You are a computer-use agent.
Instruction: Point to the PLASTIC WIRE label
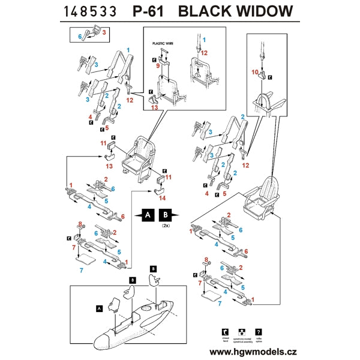tap(163, 44)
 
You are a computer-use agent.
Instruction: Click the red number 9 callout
tap(158, 67)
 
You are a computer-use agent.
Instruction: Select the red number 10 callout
tap(254, 73)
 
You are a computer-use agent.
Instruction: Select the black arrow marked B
tap(167, 214)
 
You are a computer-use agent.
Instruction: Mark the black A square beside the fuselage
tap(99, 308)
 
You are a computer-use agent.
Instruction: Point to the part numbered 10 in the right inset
tap(263, 76)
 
